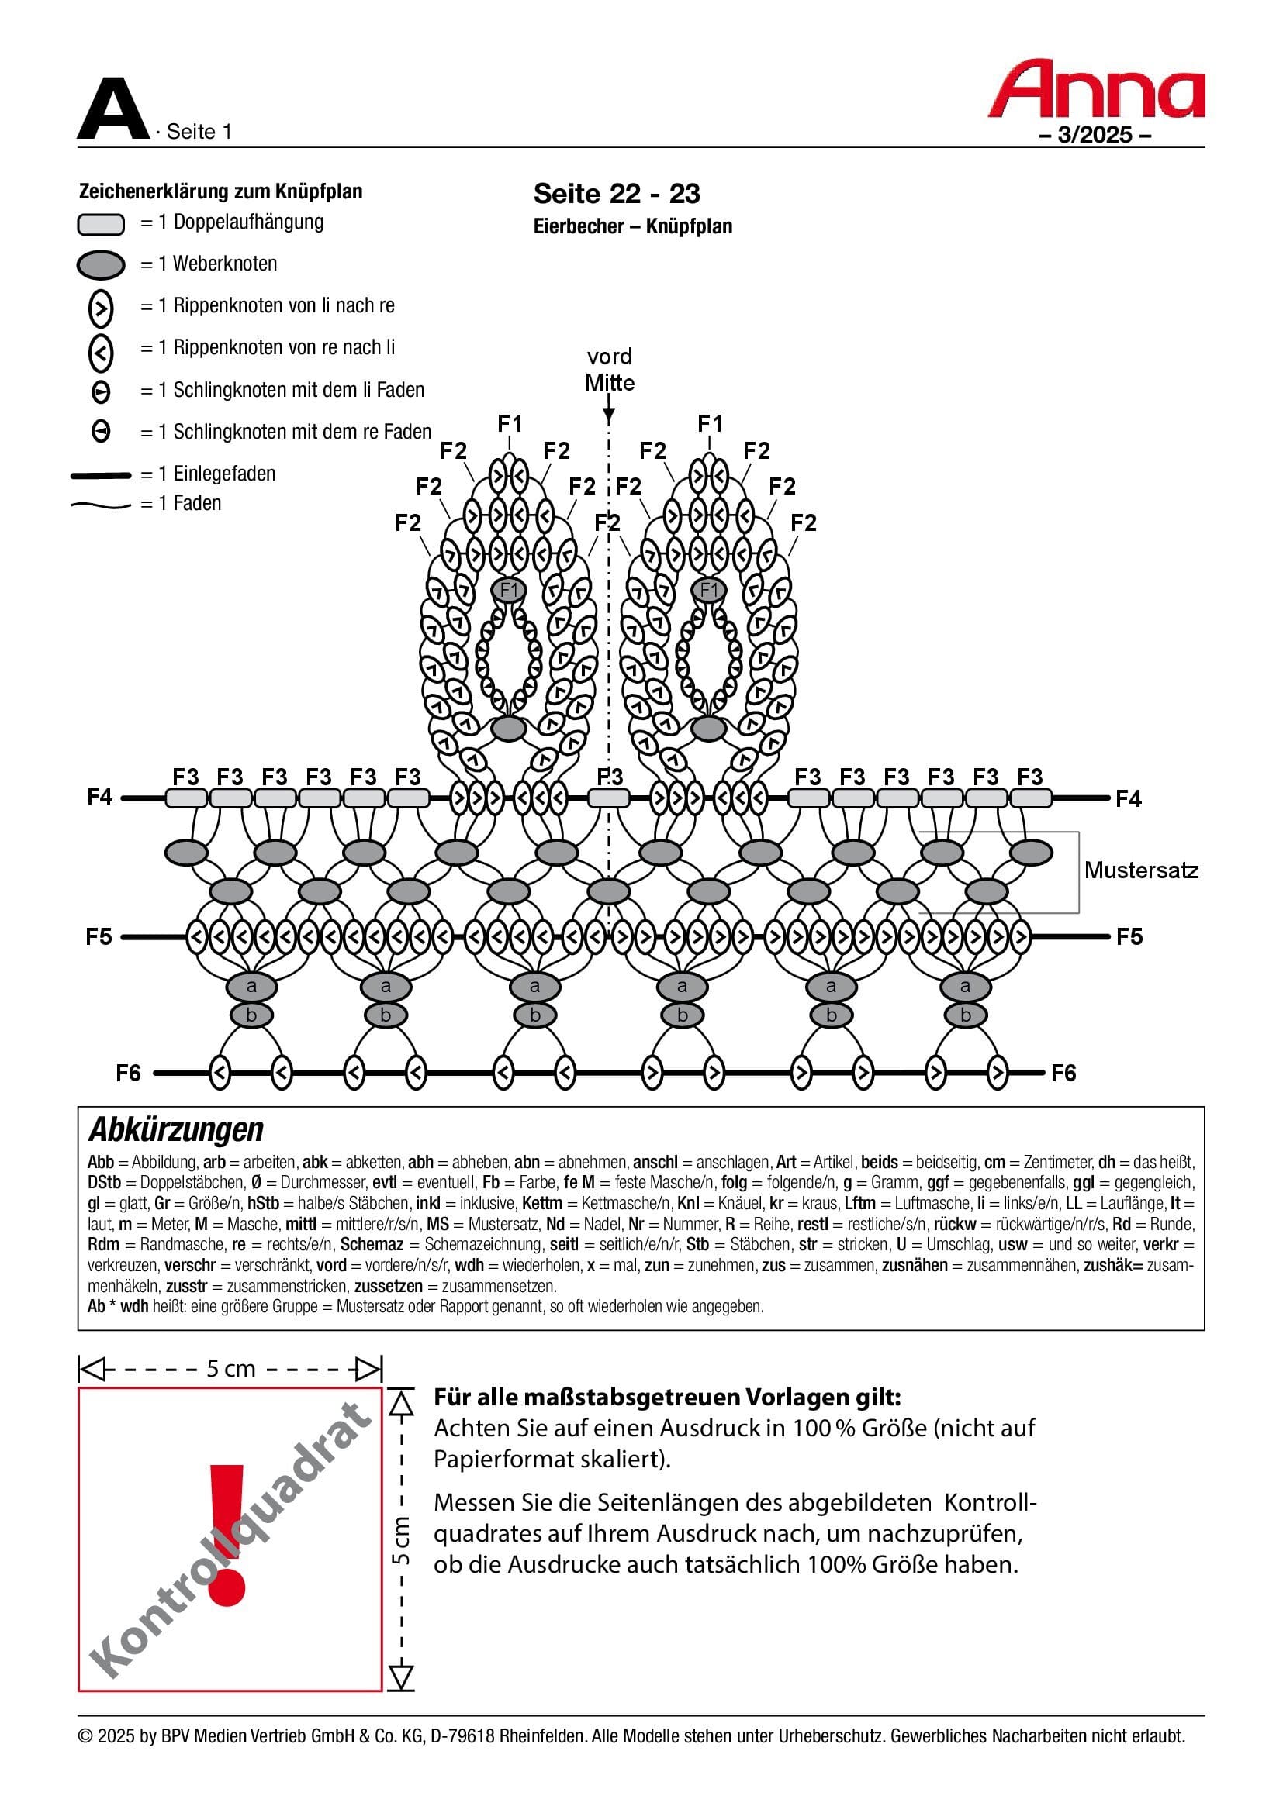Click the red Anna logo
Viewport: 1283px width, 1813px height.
coord(1096,89)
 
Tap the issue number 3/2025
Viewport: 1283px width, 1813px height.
coord(1095,135)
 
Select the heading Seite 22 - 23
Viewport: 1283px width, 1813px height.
coord(616,194)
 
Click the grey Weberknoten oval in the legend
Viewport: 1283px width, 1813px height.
coord(100,264)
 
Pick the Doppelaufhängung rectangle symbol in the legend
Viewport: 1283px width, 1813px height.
coord(100,224)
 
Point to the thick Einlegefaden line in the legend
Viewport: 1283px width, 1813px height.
coord(100,475)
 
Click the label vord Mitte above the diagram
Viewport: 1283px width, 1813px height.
coord(609,370)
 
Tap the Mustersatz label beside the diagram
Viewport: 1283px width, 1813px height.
coord(1140,870)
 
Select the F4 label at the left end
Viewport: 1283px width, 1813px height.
coord(100,797)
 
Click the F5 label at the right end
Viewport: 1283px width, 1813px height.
coord(1129,937)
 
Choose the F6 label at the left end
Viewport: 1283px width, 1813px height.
coord(128,1073)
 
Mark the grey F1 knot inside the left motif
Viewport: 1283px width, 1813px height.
coord(509,590)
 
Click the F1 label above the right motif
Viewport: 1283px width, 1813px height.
coord(710,424)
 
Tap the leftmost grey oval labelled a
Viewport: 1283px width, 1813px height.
coord(251,986)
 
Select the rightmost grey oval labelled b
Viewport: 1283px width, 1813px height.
coord(965,1015)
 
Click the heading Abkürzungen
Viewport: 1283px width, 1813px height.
coord(175,1130)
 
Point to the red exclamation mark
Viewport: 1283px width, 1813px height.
coord(227,1534)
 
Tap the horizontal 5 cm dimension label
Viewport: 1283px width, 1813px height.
coord(230,1368)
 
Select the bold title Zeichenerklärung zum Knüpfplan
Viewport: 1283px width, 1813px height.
coord(220,191)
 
